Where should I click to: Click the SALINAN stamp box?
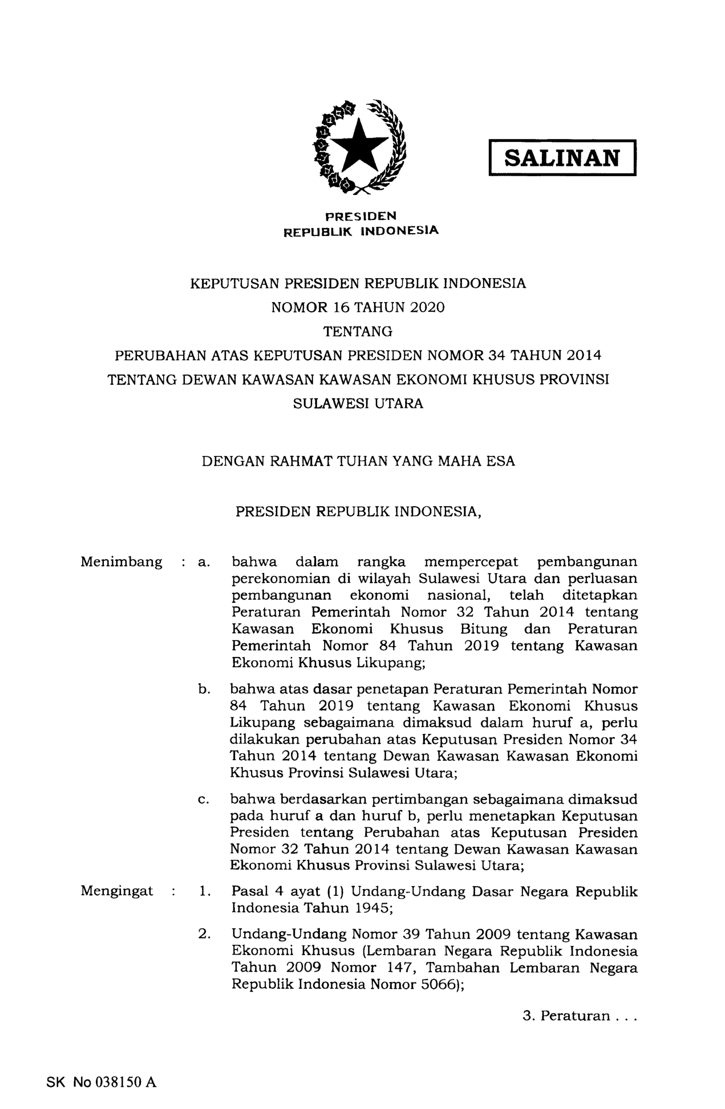click(562, 158)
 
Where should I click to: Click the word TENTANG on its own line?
click(358, 331)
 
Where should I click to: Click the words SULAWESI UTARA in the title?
click(358, 403)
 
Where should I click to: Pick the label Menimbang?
click(121, 562)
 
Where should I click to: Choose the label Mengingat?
click(117, 891)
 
